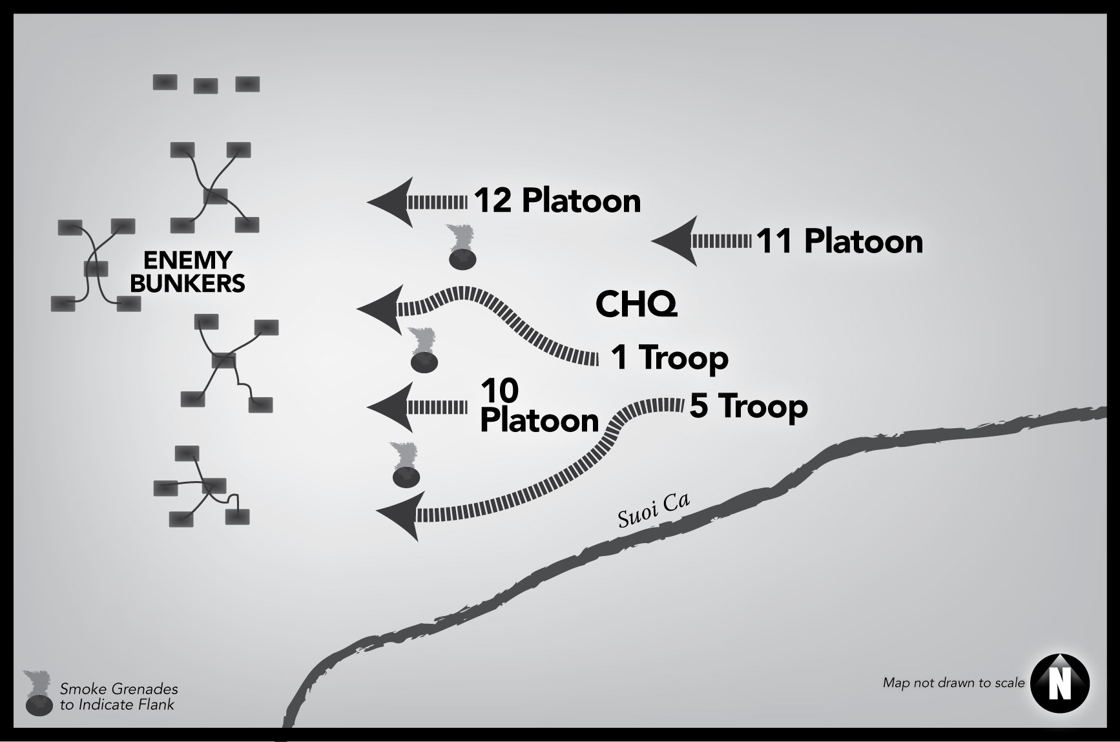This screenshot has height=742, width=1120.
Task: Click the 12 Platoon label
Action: click(x=557, y=201)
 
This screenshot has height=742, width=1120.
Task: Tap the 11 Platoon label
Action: click(x=839, y=242)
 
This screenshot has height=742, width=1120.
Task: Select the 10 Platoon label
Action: click(x=539, y=406)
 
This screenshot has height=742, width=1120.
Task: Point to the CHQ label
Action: click(x=636, y=304)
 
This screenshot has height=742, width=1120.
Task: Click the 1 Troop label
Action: click(x=669, y=357)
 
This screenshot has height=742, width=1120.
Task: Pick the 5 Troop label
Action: click(x=749, y=406)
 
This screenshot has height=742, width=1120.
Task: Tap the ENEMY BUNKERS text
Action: click(x=187, y=272)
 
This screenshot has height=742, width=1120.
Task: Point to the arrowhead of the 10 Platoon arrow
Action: click(x=389, y=407)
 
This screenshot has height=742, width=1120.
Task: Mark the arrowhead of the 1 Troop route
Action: click(x=380, y=309)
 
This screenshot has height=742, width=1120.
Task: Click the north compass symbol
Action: click(x=1059, y=683)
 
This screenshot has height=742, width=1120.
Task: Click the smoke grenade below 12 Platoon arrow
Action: click(x=462, y=249)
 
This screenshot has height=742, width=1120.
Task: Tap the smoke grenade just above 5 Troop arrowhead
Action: click(x=406, y=466)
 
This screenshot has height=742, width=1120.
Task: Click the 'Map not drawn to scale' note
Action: click(x=953, y=683)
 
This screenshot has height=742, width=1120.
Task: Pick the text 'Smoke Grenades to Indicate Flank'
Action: click(x=118, y=697)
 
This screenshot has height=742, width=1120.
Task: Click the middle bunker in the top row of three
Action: click(x=206, y=86)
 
